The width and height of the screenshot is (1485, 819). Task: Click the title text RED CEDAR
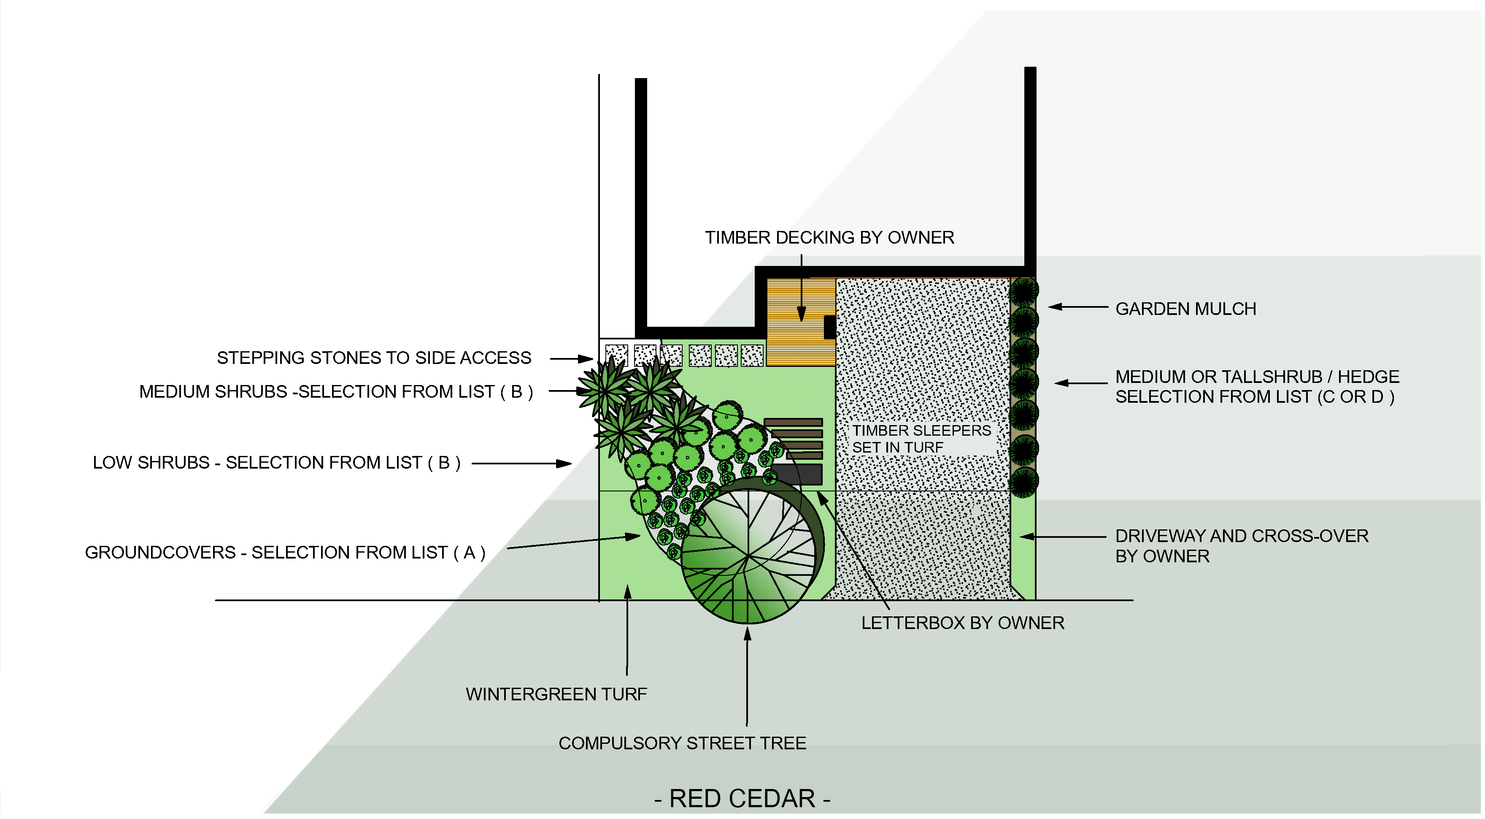click(742, 799)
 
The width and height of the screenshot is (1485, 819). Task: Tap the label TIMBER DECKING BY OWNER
click(829, 238)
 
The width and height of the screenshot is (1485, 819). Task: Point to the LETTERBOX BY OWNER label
click(963, 623)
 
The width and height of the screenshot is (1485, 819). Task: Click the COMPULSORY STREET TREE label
click(682, 743)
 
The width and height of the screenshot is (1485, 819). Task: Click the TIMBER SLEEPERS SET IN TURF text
click(921, 439)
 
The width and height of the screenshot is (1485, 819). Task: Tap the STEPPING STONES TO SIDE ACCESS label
click(373, 358)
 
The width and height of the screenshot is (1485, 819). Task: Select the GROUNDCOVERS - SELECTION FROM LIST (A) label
click(285, 553)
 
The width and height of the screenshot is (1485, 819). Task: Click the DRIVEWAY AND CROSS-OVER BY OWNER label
click(1241, 545)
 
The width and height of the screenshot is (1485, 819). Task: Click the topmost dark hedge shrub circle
click(1024, 291)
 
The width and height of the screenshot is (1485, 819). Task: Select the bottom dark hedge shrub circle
click(1024, 482)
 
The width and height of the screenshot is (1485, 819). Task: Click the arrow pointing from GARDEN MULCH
click(1077, 307)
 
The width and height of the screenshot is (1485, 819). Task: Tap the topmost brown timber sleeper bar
click(793, 422)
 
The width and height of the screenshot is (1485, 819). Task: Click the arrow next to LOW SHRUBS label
click(522, 463)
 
